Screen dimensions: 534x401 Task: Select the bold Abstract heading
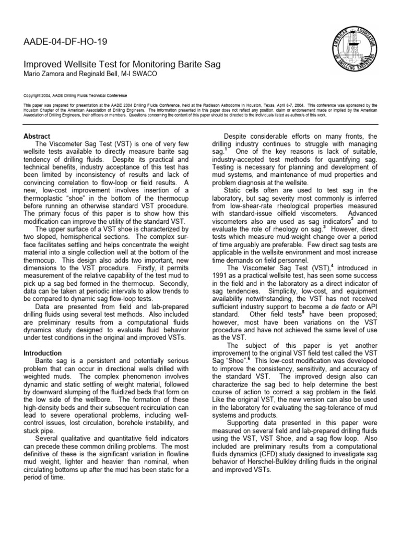(x=37, y=136)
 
